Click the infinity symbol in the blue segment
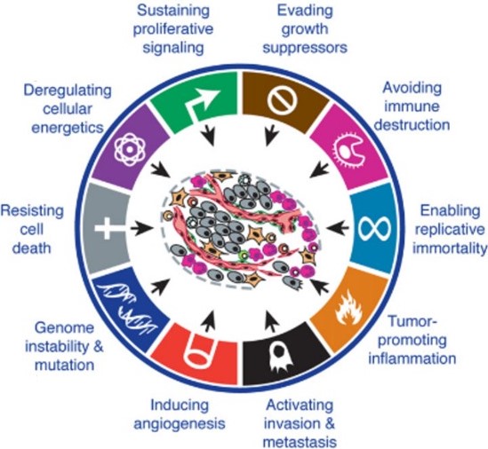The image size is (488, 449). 374,228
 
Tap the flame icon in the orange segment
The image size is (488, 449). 349,308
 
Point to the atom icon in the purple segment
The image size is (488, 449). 130,150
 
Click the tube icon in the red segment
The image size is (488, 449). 199,351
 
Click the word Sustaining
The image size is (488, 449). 173,11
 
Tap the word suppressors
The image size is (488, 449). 305,48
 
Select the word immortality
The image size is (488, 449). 450,248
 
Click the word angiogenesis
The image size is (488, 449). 180,423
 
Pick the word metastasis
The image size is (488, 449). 300,442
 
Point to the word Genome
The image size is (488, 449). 64,327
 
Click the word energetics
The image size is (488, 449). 68,128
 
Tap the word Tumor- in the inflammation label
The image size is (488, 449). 413,321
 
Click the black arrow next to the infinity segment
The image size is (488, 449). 338,228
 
